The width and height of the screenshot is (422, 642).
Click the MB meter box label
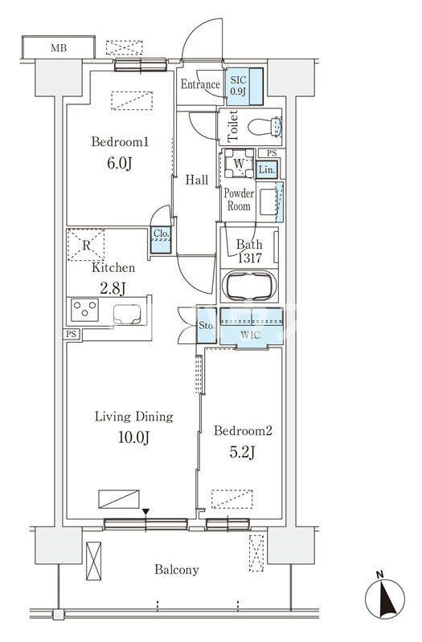point(58,48)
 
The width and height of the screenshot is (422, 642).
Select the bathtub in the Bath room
point(249,286)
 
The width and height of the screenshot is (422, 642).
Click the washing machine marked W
point(239,163)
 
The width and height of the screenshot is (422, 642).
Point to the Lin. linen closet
point(267,169)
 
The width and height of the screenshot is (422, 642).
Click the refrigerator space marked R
point(86,245)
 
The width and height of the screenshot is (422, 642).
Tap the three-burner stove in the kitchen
point(84,310)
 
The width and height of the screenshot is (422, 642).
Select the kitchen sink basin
point(127,315)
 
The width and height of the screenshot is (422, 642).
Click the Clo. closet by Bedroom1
point(161,240)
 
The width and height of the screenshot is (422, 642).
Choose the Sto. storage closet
point(207,326)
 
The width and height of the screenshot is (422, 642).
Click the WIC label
point(250,335)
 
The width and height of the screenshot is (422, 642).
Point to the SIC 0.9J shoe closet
point(244,87)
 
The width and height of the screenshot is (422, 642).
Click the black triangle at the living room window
point(145,512)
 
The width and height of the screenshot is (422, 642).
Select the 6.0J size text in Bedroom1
point(119,164)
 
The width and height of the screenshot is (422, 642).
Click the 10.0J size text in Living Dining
point(133,437)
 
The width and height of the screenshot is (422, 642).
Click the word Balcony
point(177,570)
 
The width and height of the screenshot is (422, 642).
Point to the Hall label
point(197,180)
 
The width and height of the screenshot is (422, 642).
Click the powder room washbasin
point(268,202)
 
